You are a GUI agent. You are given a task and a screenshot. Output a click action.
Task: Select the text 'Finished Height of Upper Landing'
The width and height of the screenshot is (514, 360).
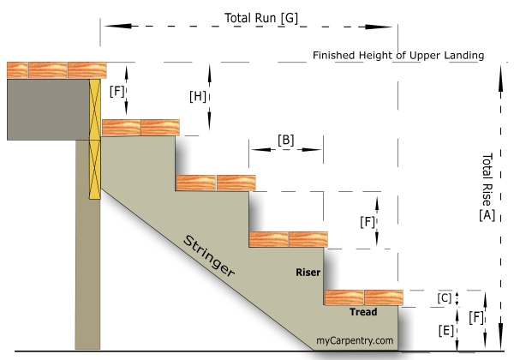pyautogui.click(x=398, y=56)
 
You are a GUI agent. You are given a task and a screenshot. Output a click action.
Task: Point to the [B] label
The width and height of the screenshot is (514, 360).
pyautogui.click(x=286, y=139)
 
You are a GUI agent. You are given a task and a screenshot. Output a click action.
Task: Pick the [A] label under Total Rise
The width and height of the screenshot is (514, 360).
pyautogui.click(x=487, y=216)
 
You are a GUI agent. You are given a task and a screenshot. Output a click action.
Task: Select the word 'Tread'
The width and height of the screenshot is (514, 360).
pyautogui.click(x=362, y=312)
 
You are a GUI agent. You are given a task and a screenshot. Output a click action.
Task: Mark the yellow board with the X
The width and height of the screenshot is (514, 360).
pyautogui.click(x=94, y=137)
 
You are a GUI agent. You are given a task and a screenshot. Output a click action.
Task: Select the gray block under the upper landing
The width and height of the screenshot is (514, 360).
pyautogui.click(x=47, y=109)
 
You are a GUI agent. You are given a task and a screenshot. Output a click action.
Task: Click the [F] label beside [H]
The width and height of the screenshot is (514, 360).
pyautogui.click(x=117, y=89)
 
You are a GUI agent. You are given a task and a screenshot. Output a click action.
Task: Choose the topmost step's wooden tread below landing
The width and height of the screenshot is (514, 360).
pyautogui.click(x=140, y=128)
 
